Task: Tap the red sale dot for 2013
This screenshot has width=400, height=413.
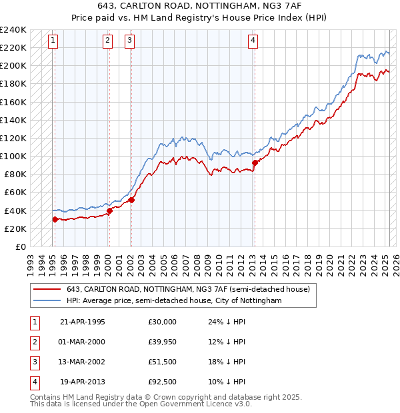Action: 255,163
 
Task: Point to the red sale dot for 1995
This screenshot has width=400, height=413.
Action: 55,219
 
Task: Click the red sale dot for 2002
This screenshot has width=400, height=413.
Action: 131,200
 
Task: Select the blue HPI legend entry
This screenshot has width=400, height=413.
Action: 174,301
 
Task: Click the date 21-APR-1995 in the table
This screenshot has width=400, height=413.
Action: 82,322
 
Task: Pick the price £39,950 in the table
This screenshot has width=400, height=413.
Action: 162,342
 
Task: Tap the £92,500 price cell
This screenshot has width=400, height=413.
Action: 162,382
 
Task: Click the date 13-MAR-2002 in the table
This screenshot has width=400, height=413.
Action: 82,362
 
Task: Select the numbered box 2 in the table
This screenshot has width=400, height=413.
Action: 33,342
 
